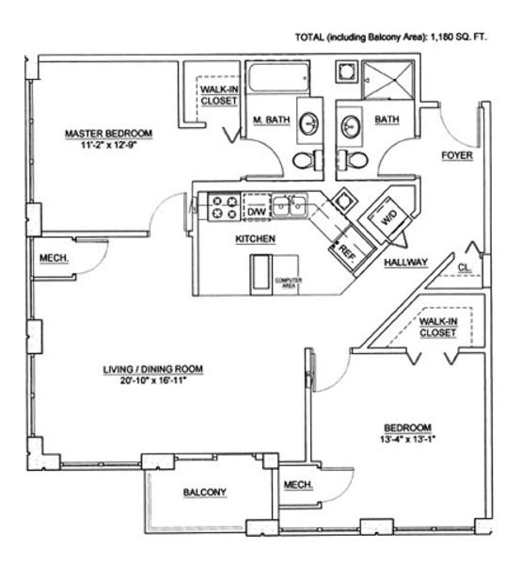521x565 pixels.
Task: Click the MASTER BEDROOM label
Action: (109, 134)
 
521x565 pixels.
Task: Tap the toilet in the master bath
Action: (308, 160)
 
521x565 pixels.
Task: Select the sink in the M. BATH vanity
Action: (309, 123)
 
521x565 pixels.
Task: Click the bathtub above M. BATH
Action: (277, 77)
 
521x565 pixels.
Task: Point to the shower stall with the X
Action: (387, 80)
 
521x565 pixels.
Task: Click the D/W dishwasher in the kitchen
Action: (257, 207)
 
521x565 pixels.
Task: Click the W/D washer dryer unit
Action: (388, 217)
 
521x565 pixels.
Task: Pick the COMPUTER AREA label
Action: (289, 282)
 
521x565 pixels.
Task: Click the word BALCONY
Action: (205, 492)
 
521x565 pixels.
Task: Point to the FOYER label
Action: (457, 155)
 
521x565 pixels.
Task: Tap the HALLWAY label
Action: (406, 262)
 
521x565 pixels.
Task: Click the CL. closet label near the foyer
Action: (465, 267)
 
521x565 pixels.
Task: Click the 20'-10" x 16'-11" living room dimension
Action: (153, 380)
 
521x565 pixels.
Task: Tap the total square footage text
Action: (391, 37)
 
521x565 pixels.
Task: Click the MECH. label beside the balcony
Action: (298, 485)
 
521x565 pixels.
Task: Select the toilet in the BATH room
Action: (353, 160)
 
